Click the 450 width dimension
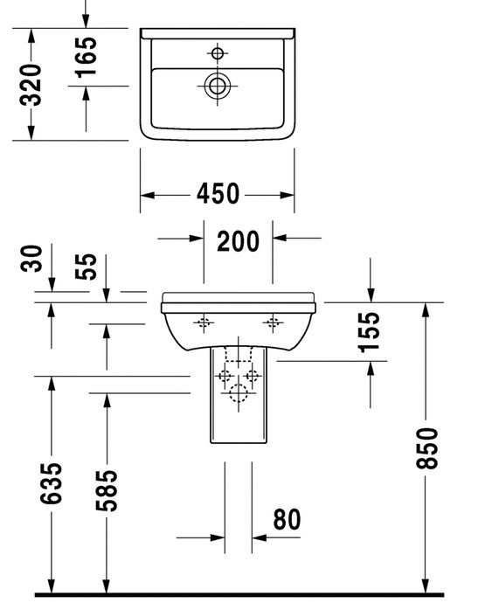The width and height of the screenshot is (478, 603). [x=218, y=193]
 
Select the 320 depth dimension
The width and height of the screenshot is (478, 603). [x=31, y=85]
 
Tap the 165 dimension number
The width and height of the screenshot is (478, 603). [x=87, y=58]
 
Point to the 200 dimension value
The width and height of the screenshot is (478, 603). [x=238, y=241]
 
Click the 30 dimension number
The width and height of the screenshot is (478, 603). [x=31, y=258]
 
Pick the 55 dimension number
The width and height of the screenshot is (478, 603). [x=86, y=267]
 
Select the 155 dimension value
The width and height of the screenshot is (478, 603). [x=369, y=332]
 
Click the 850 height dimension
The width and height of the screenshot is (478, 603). [x=426, y=448]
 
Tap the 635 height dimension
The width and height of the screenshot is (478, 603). [x=52, y=483]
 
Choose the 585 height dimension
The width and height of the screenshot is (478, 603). [x=106, y=490]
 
